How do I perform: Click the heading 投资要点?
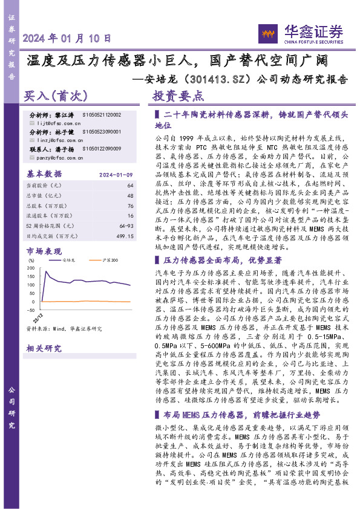coord(178,96)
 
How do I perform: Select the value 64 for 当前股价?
coord(130,185)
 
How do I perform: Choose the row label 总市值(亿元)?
coord(45,195)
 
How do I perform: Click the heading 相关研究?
coord(44,348)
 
